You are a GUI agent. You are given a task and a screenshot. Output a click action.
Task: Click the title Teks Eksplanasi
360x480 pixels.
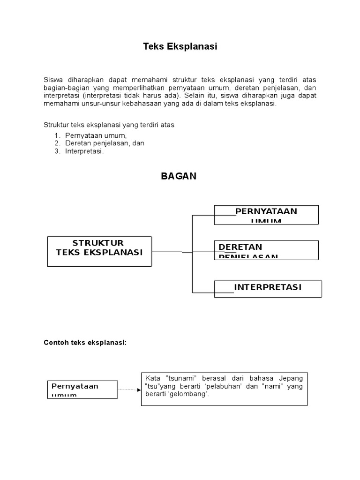[x=180, y=47]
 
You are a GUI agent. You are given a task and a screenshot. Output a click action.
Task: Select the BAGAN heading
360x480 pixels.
[x=179, y=176]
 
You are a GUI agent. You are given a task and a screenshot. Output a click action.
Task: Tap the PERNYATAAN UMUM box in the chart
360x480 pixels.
[x=266, y=215]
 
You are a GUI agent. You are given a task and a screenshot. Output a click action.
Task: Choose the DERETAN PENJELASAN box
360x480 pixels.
[x=266, y=250]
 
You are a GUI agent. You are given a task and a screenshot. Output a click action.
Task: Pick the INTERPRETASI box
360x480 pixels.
[x=268, y=288]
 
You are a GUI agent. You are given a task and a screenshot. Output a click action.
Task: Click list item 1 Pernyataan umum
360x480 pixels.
[x=96, y=135]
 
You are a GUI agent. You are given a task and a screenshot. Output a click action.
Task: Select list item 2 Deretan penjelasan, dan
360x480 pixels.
[x=105, y=143]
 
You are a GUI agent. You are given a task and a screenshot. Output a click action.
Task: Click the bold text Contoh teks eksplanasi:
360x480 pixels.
[x=85, y=343]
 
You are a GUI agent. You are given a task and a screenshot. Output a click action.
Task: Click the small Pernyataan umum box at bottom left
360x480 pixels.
[x=82, y=389]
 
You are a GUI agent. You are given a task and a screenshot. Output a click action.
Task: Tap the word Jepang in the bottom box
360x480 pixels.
[x=291, y=378]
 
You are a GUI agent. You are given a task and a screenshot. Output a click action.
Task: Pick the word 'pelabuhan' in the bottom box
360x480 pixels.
[x=223, y=386]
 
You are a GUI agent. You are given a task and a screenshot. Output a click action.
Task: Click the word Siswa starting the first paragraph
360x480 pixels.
[x=53, y=80]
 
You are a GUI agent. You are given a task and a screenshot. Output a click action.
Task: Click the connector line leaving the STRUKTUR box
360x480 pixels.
[x=172, y=252]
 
